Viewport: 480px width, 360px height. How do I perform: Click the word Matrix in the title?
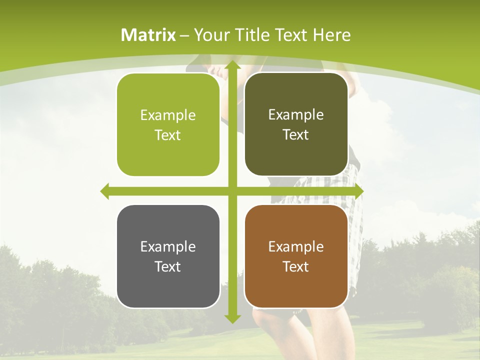coord(148,35)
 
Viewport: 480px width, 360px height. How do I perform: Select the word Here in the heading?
coord(331,35)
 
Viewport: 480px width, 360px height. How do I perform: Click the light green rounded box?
coord(168,125)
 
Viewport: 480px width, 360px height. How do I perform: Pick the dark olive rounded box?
coord(296,124)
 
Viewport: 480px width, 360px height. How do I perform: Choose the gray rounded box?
coord(168,256)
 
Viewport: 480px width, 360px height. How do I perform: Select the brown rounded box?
coord(296,256)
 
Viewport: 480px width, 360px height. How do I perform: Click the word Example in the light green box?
coord(168,115)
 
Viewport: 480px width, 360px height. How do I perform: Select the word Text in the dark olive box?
coord(296,135)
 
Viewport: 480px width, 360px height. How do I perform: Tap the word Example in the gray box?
coord(168,247)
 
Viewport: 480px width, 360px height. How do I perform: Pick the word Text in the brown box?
coord(296,266)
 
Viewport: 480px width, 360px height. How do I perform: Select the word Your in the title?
coord(210,35)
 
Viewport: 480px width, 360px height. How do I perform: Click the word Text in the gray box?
coord(168,266)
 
